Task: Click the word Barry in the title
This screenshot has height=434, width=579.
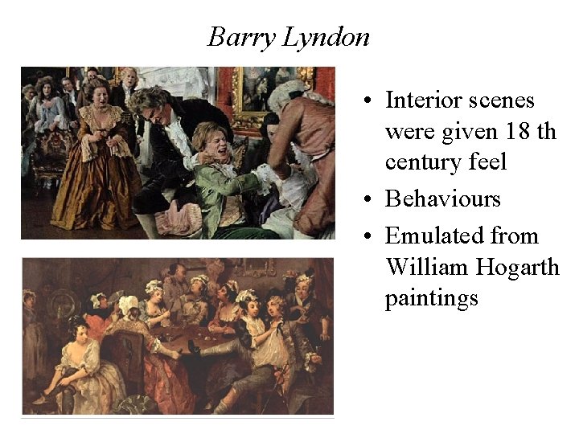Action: (232, 36)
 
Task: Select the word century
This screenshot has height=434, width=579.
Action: (423, 163)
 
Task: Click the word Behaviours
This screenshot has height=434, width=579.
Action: (442, 199)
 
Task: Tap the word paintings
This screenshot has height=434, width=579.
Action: (431, 298)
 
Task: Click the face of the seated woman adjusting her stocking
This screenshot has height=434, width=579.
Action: (78, 329)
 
